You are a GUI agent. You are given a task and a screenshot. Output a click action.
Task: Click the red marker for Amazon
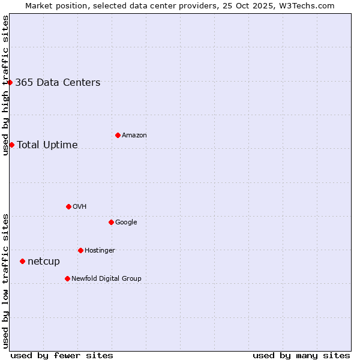[118, 135]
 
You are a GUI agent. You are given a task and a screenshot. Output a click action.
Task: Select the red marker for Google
[111, 222]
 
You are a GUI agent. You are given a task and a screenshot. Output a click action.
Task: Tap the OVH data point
[68, 206]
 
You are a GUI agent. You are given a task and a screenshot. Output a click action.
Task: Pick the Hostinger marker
[80, 250]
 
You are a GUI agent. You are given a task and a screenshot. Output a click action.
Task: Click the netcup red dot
[22, 261]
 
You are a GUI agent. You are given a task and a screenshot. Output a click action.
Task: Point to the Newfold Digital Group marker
[67, 278]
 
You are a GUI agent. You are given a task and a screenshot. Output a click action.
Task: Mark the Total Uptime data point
[11, 145]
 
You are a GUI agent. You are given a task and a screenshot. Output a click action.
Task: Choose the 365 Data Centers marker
[10, 82]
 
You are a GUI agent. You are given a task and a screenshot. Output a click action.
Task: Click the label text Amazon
[134, 136]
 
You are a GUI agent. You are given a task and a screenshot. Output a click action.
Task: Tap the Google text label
[126, 223]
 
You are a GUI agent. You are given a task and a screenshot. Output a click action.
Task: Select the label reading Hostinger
[100, 251]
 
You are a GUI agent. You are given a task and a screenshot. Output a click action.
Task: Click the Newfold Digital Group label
[106, 279]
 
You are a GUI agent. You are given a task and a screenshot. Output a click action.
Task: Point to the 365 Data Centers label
[58, 83]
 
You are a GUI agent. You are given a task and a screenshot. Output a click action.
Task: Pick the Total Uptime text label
[47, 145]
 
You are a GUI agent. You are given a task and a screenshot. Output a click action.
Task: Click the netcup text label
[44, 262]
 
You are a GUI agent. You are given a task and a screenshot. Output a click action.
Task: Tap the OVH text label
[79, 207]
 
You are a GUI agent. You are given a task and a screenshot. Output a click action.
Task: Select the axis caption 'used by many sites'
[301, 355]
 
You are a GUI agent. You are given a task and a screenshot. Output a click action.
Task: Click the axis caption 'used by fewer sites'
[62, 355]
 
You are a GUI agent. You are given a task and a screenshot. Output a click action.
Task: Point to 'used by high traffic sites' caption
[6, 85]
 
